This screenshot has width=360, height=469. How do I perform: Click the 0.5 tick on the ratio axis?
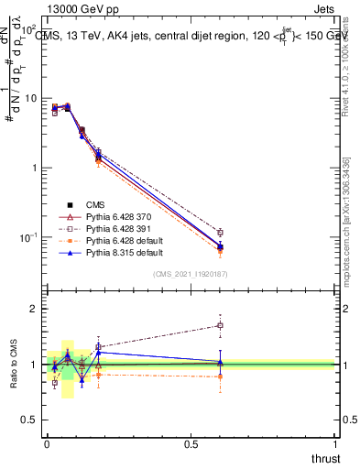coord(31,420)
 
